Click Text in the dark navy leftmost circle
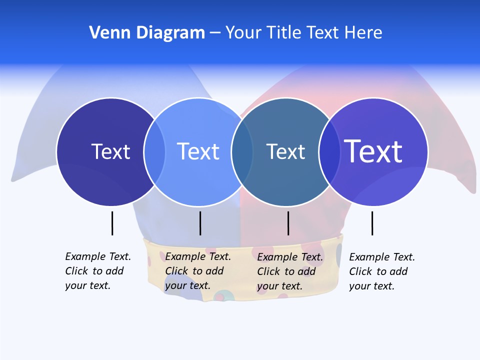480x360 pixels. pos(110,151)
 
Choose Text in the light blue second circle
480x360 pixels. pos(198,151)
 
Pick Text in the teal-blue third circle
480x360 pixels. pos(285,152)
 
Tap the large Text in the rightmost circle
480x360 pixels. pos(373,151)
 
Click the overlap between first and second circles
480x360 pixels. pos(154,151)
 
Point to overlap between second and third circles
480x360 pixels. pos(242,152)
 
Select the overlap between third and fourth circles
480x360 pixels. pos(329,152)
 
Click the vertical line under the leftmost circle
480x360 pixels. pos(112,223)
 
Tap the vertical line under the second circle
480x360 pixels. pos(200,223)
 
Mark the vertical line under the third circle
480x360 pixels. pos(288,223)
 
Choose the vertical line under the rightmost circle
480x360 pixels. pos(372,223)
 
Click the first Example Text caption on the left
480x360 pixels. pos(98,271)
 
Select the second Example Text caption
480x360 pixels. pos(198,271)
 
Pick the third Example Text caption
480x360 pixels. pos(290,271)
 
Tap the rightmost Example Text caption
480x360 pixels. pos(382,271)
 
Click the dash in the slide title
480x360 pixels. pos(215,33)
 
